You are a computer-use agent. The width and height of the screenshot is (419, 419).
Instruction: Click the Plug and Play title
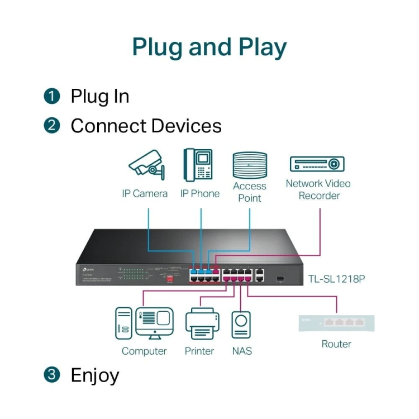click(209, 48)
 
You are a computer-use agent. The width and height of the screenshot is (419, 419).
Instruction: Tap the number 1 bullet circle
click(51, 97)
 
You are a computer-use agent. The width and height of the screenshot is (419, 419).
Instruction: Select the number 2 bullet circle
click(51, 126)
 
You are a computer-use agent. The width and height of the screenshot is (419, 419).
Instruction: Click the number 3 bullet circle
click(51, 375)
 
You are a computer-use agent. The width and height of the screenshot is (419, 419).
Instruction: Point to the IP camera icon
click(146, 164)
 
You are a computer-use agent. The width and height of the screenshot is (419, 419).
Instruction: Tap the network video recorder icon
click(317, 164)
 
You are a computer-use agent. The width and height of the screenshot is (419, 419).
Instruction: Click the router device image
click(336, 323)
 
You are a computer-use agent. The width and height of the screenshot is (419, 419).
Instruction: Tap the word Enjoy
click(95, 375)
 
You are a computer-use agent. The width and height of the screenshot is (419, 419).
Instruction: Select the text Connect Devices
click(146, 126)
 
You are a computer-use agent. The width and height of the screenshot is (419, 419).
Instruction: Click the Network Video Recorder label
click(318, 189)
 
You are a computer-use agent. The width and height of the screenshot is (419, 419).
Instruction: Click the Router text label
click(336, 344)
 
